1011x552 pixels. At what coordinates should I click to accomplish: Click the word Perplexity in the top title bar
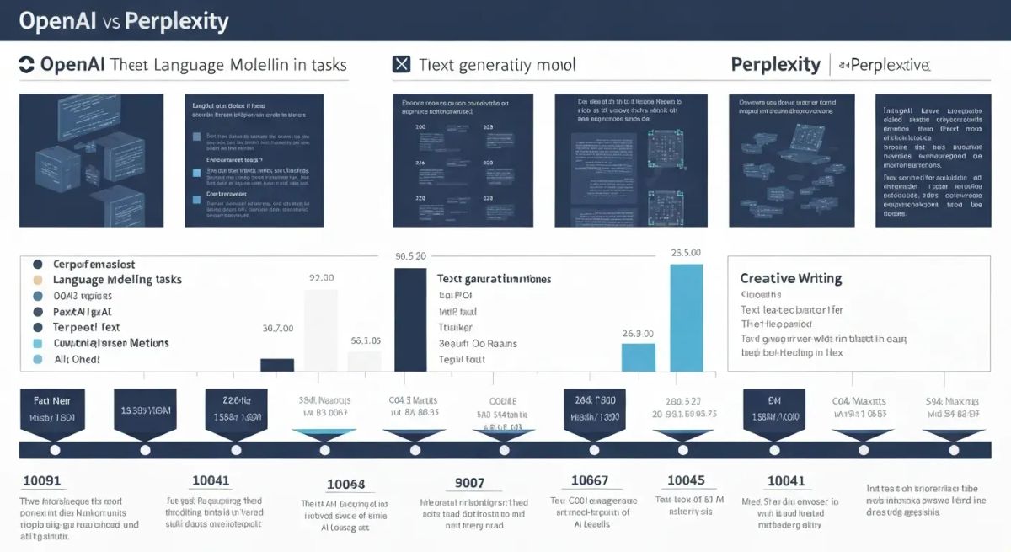(176, 20)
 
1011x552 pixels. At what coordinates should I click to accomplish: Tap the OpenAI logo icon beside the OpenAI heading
(26, 64)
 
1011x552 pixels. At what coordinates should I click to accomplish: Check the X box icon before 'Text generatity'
(402, 64)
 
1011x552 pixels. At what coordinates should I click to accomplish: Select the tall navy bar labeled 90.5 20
(410, 319)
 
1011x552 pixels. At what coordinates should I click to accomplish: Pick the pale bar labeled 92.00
(320, 330)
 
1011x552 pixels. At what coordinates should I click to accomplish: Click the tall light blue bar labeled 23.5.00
(686, 318)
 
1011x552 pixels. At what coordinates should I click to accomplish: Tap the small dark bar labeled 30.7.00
(277, 364)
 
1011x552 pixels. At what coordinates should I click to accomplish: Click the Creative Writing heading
(790, 278)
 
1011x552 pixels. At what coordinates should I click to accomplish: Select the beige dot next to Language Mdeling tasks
(36, 280)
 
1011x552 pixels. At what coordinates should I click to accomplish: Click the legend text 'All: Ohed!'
(77, 359)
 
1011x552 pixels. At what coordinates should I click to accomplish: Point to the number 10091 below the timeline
(42, 481)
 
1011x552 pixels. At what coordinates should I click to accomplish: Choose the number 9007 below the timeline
(469, 484)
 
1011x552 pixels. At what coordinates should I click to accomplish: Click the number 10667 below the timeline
(590, 480)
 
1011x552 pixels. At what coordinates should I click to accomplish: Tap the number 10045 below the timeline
(686, 480)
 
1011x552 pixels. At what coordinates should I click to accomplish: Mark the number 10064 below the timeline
(345, 485)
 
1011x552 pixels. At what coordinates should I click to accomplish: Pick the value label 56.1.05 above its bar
(365, 341)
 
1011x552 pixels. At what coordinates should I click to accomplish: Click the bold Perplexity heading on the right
(775, 64)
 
